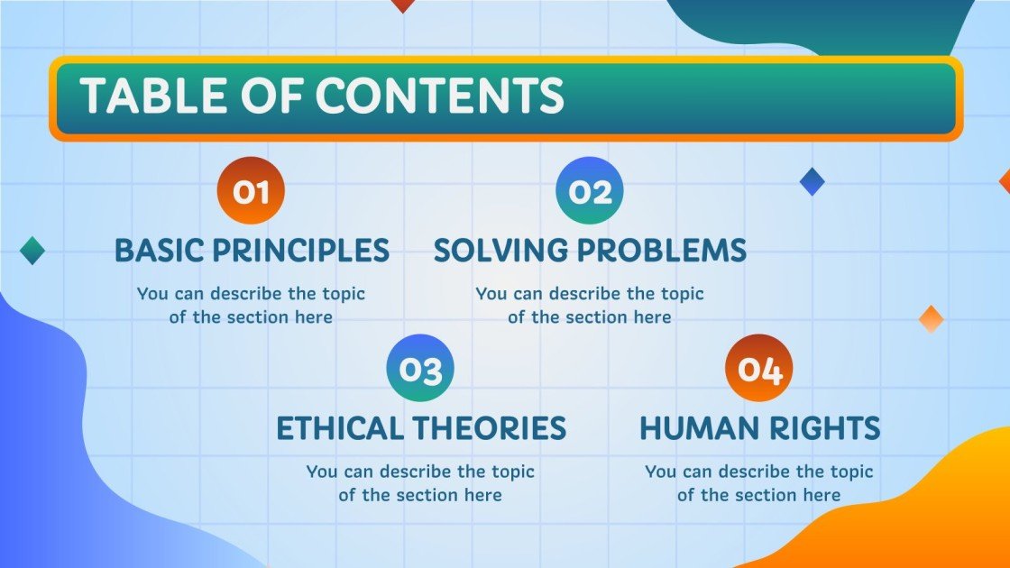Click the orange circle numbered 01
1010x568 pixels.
(252, 190)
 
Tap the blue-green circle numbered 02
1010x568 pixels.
(590, 190)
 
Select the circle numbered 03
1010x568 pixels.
(420, 368)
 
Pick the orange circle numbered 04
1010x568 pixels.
(759, 368)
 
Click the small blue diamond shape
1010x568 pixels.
(813, 181)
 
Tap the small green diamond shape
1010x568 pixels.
(32, 250)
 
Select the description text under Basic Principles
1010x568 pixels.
(252, 306)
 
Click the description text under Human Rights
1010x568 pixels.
(759, 483)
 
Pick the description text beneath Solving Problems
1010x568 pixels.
(590, 306)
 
